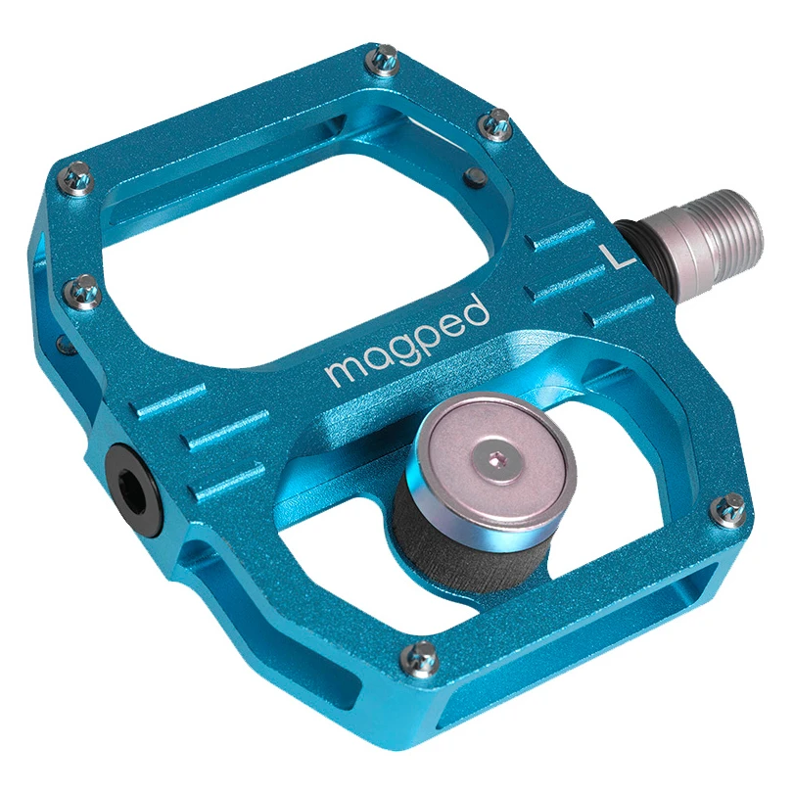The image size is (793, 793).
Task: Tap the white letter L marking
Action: [616, 257]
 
